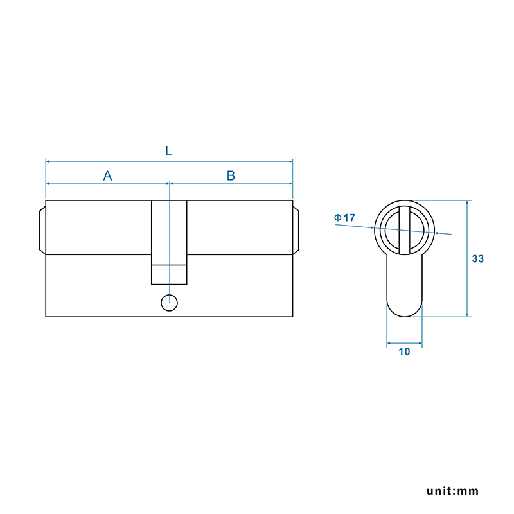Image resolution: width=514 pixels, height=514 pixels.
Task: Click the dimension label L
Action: (x=168, y=151)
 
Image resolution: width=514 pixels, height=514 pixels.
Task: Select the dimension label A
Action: (x=107, y=175)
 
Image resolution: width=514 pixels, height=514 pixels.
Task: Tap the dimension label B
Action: (x=231, y=175)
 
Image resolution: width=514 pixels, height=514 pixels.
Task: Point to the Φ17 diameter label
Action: (x=344, y=218)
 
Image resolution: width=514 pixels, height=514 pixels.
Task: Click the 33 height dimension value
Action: (x=477, y=259)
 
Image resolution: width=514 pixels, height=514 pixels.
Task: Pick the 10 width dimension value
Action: (x=404, y=351)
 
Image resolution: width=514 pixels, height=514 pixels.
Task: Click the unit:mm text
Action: (x=452, y=491)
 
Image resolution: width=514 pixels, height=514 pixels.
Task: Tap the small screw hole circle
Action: (x=169, y=303)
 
